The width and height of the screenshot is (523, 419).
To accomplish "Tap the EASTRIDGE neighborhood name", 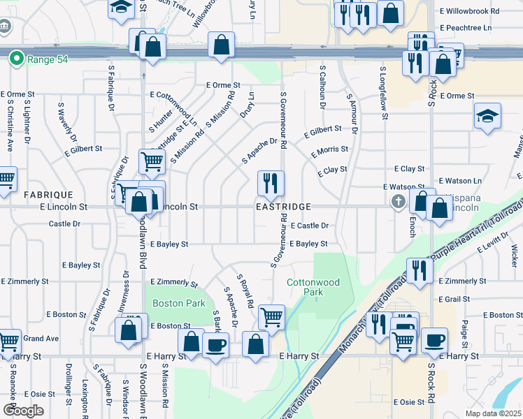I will [x=283, y=207].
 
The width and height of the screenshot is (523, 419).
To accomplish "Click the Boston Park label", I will [x=179, y=303].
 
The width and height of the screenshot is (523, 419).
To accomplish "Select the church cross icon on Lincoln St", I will [x=399, y=202].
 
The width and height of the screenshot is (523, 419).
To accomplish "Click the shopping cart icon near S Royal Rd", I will [x=271, y=316].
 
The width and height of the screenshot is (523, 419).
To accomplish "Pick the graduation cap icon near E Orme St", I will [x=487, y=116].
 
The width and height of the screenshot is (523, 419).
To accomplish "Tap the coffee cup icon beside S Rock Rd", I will [x=434, y=340].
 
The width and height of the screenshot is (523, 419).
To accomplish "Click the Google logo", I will [x=23, y=411].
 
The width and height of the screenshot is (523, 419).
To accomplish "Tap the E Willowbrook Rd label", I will [x=470, y=11].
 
